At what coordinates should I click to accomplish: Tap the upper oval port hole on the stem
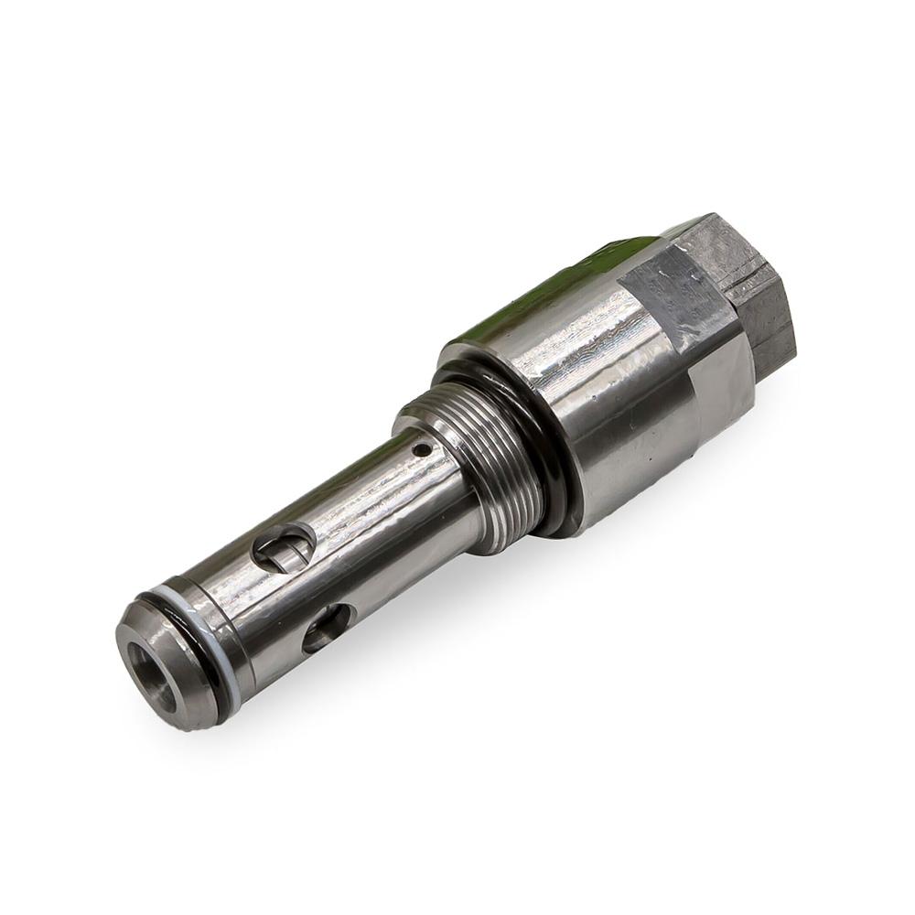[285, 549]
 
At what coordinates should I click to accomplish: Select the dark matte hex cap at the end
[750, 284]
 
